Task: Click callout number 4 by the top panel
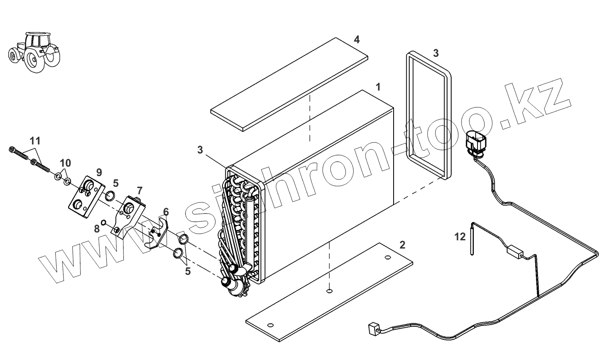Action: [x=357, y=39]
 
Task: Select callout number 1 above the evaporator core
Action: [x=378, y=87]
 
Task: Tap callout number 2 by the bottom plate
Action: [x=402, y=245]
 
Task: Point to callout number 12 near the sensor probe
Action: [x=460, y=237]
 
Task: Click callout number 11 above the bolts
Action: [x=35, y=141]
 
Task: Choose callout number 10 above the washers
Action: [x=65, y=163]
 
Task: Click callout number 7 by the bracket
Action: [x=140, y=190]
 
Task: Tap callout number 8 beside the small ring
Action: [x=97, y=229]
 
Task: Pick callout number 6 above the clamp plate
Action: [x=165, y=211]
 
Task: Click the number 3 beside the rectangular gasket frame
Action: [x=436, y=53]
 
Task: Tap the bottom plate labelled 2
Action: [x=329, y=292]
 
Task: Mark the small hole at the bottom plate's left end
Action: [x=270, y=322]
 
